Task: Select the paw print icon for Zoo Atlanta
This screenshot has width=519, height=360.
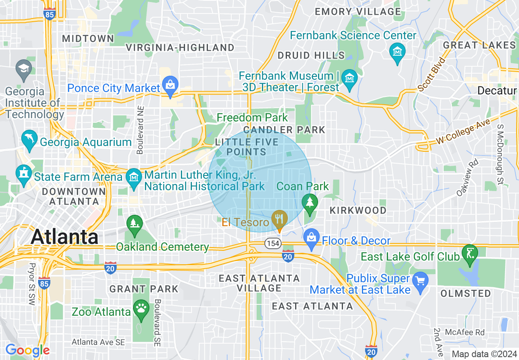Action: point(141,308)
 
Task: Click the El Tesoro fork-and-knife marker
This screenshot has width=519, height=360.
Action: point(280,218)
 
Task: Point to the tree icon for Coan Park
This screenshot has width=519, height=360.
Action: point(310,202)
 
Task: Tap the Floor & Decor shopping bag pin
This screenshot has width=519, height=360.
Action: point(311,238)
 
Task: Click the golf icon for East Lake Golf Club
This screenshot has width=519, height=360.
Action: point(469,253)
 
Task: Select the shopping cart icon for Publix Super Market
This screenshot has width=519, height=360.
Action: point(420,281)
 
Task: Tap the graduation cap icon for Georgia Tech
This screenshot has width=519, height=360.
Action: point(24,68)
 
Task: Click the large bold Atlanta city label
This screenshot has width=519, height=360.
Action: point(65,236)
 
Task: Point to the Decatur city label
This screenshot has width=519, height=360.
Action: point(496,90)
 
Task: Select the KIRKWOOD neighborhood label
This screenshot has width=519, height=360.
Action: point(358,210)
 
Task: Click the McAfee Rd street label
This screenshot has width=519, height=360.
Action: point(465,332)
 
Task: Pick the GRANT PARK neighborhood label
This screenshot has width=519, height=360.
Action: point(144,289)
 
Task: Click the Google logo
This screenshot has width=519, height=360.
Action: point(27,350)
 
